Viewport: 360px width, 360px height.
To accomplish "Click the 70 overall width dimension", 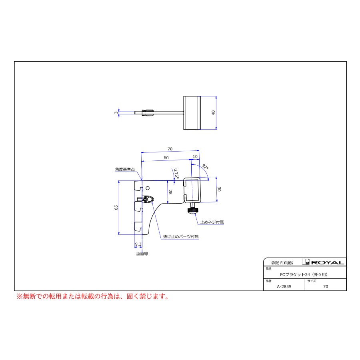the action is point(170,149).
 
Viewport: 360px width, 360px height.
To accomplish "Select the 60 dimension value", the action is point(166,158).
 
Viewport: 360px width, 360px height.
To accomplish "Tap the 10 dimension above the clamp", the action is point(195,156).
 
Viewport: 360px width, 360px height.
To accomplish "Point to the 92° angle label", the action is point(205,167).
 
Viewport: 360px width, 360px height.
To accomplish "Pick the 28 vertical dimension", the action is point(170,192).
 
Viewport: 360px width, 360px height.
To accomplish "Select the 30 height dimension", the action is point(219,189).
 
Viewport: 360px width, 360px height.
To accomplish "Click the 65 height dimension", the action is point(116,208).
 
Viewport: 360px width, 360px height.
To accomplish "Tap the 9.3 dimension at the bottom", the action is point(138,244).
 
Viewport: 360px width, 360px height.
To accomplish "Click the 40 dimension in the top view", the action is point(213,113).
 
